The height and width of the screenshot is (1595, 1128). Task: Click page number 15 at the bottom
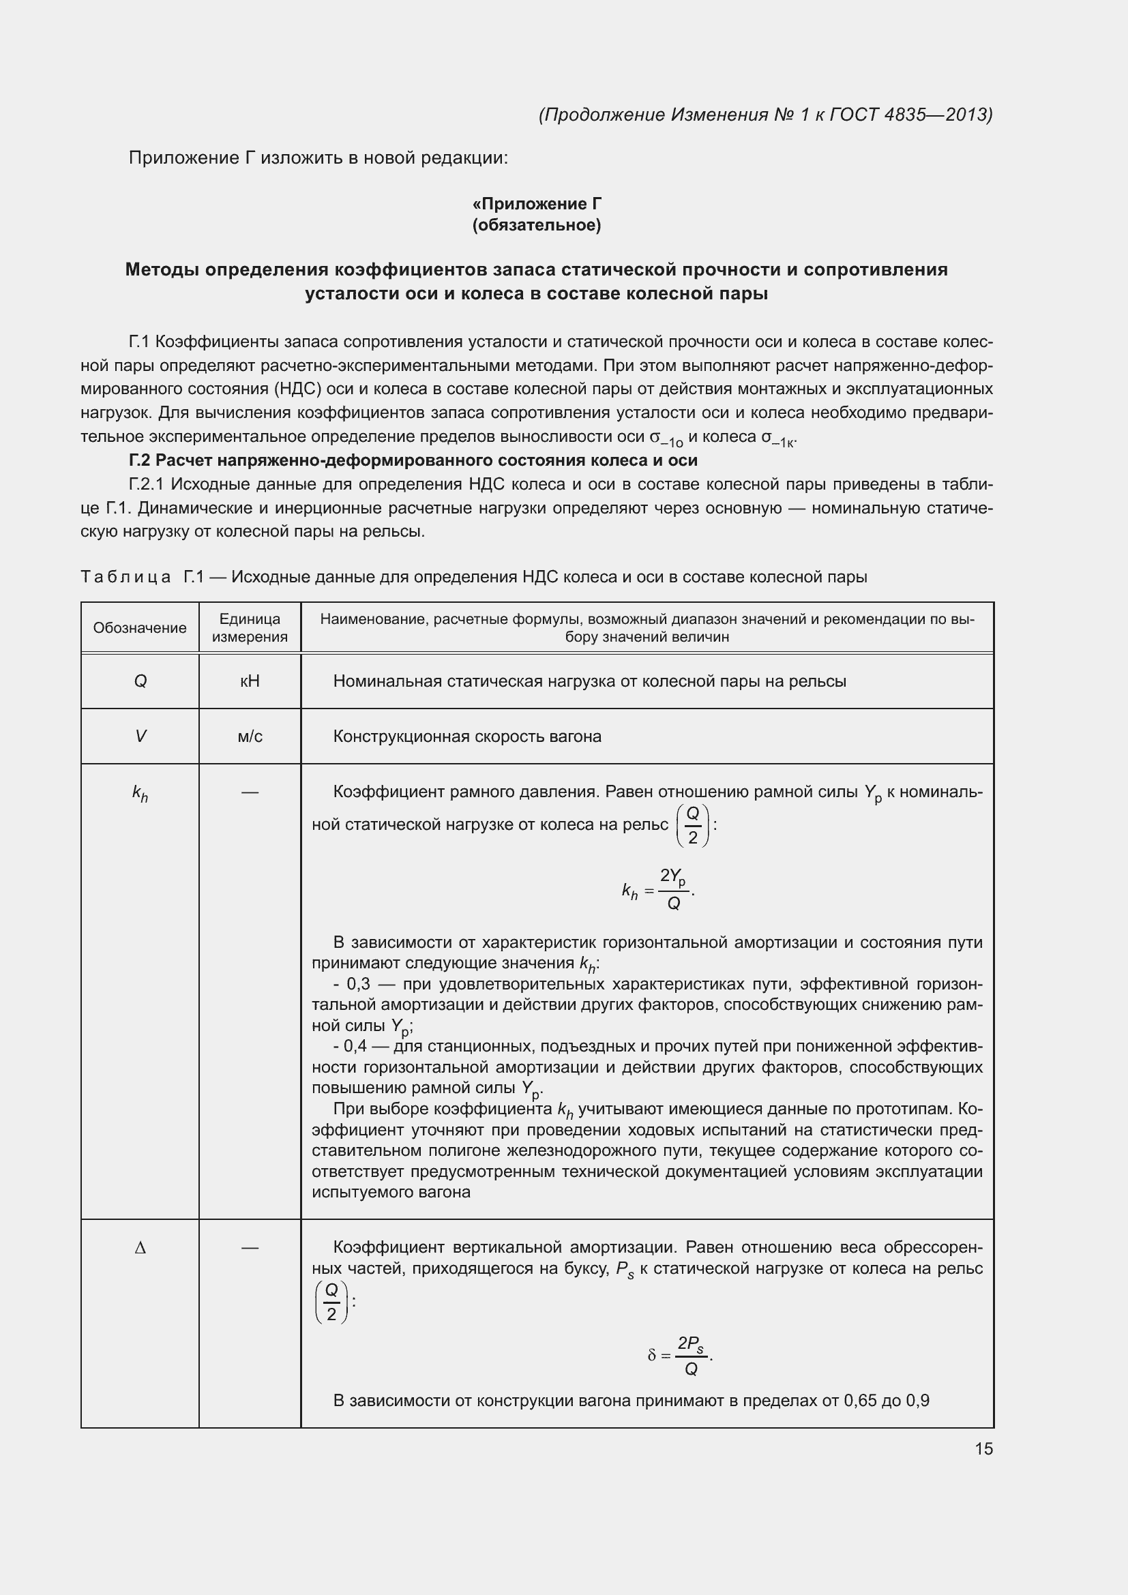[x=983, y=1448]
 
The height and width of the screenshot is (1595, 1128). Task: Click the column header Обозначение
[x=140, y=628]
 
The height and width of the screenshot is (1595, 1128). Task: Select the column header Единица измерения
[x=250, y=628]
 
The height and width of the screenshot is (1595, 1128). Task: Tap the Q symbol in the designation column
[x=140, y=681]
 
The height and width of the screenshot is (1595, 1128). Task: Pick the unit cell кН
[x=250, y=681]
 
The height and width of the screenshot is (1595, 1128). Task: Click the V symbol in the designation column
[x=140, y=736]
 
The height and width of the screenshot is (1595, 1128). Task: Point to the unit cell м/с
[x=250, y=736]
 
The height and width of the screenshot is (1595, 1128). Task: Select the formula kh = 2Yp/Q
[x=657, y=890]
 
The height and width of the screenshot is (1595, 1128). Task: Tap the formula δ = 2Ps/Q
[x=680, y=1356]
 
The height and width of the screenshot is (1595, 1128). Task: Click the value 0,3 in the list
[x=359, y=985]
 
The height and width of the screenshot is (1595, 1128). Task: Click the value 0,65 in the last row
[x=860, y=1401]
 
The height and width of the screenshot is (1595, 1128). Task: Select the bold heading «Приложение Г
[x=536, y=203]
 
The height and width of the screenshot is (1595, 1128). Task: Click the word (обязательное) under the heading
[x=536, y=226]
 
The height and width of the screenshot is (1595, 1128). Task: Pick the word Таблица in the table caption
[x=125, y=578]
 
